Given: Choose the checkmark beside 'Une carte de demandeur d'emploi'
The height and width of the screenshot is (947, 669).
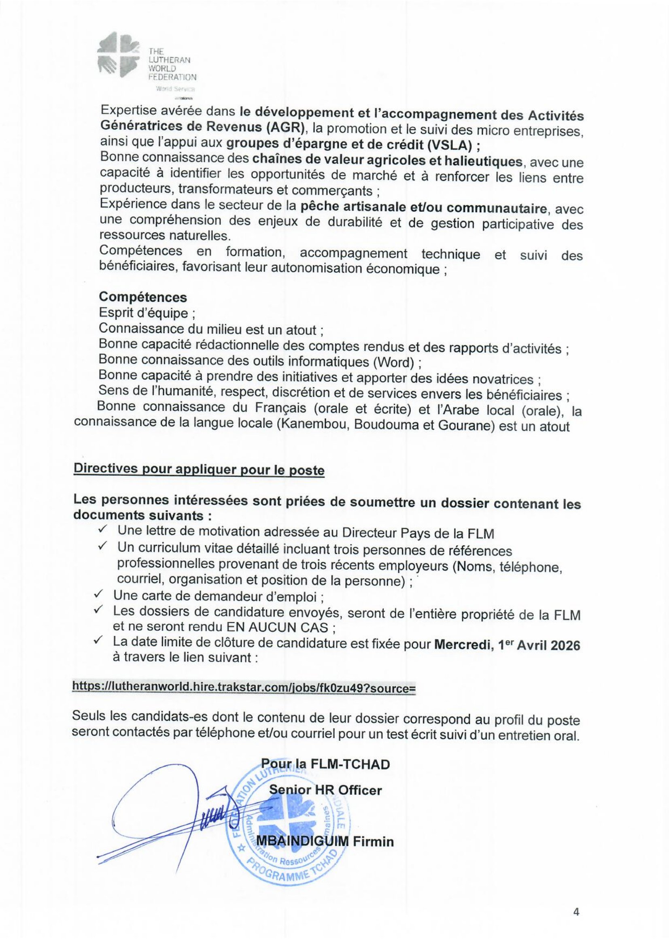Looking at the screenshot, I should tap(98, 596).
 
